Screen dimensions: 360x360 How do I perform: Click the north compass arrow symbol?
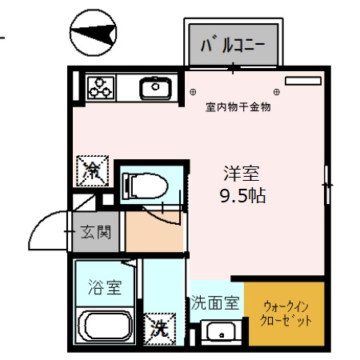pyautogui.click(x=94, y=34)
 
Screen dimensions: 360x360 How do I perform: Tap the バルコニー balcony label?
pyautogui.click(x=233, y=43)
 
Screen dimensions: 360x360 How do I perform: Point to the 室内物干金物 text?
pyautogui.click(x=238, y=107)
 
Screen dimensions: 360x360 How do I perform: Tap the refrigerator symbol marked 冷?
pyautogui.click(x=92, y=170)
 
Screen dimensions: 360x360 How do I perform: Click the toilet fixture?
pyautogui.click(x=145, y=186)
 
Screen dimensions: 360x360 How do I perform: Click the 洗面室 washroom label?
pyautogui.click(x=215, y=302)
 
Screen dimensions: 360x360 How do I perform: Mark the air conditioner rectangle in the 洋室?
pyautogui.click(x=302, y=81)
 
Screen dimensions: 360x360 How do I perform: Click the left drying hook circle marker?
pyautogui.click(x=194, y=91)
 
